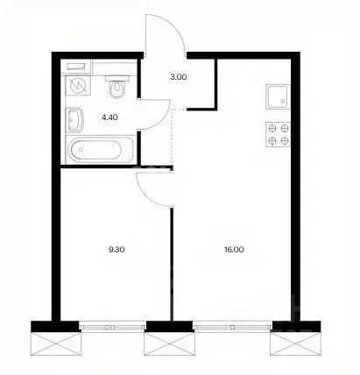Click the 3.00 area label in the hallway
click(x=178, y=77)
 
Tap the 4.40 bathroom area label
click(x=109, y=117)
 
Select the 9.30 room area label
click(x=116, y=250)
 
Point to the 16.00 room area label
click(x=235, y=250)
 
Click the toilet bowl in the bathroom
click(x=117, y=87)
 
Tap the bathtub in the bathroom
click(x=95, y=150)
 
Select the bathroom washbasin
click(x=74, y=120)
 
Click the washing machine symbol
click(x=78, y=85)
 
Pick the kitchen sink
click(x=278, y=96)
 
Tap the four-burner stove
click(x=278, y=134)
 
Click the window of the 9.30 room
click(x=112, y=327)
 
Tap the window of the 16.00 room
click(x=232, y=327)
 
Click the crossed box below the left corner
click(x=55, y=346)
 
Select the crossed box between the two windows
click(x=169, y=346)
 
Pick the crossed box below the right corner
click(x=294, y=346)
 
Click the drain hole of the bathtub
click(x=81, y=150)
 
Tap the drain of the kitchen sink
click(x=282, y=101)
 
